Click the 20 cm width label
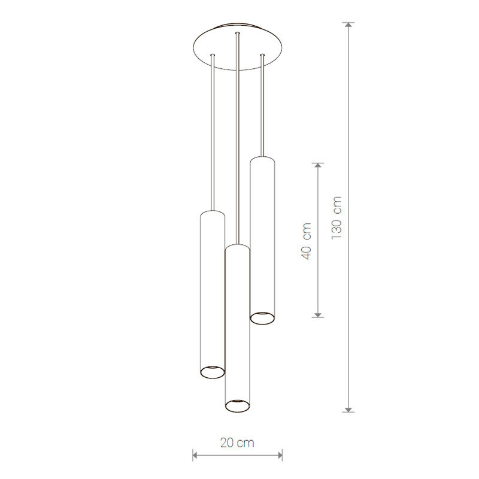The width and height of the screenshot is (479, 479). tap(237, 442)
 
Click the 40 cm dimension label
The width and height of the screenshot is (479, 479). tap(307, 241)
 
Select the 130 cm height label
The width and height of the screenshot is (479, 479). tap(336, 218)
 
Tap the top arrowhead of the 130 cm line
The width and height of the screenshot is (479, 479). tap(348, 25)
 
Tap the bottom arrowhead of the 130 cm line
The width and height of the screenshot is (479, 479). tap(348, 410)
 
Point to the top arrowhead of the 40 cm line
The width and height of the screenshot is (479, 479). tap(318, 166)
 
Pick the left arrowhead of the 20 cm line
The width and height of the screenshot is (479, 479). tap(196, 456)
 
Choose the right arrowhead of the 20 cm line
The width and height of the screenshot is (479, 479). tap(279, 456)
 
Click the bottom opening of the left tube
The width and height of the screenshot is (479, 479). tap(213, 371)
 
